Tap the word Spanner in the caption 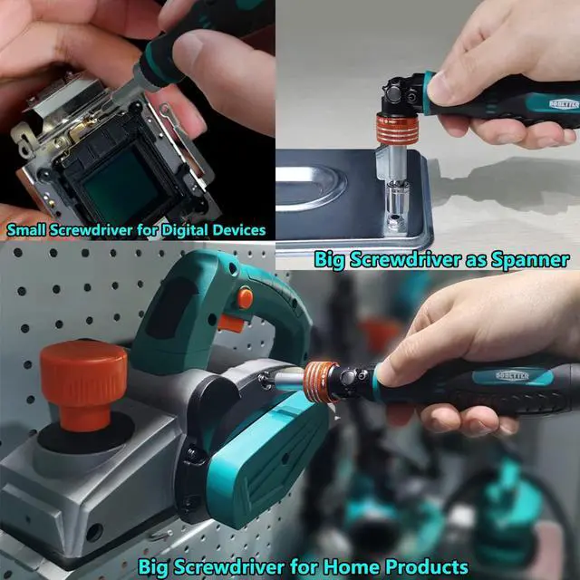[530, 260]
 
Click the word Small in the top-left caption [26, 229]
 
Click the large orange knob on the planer [83, 384]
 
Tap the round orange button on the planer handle [246, 298]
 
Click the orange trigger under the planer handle [231, 324]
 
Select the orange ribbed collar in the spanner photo [397, 129]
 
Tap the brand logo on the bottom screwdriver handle [512, 376]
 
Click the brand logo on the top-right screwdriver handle [565, 104]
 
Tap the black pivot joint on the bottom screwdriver [351, 379]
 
